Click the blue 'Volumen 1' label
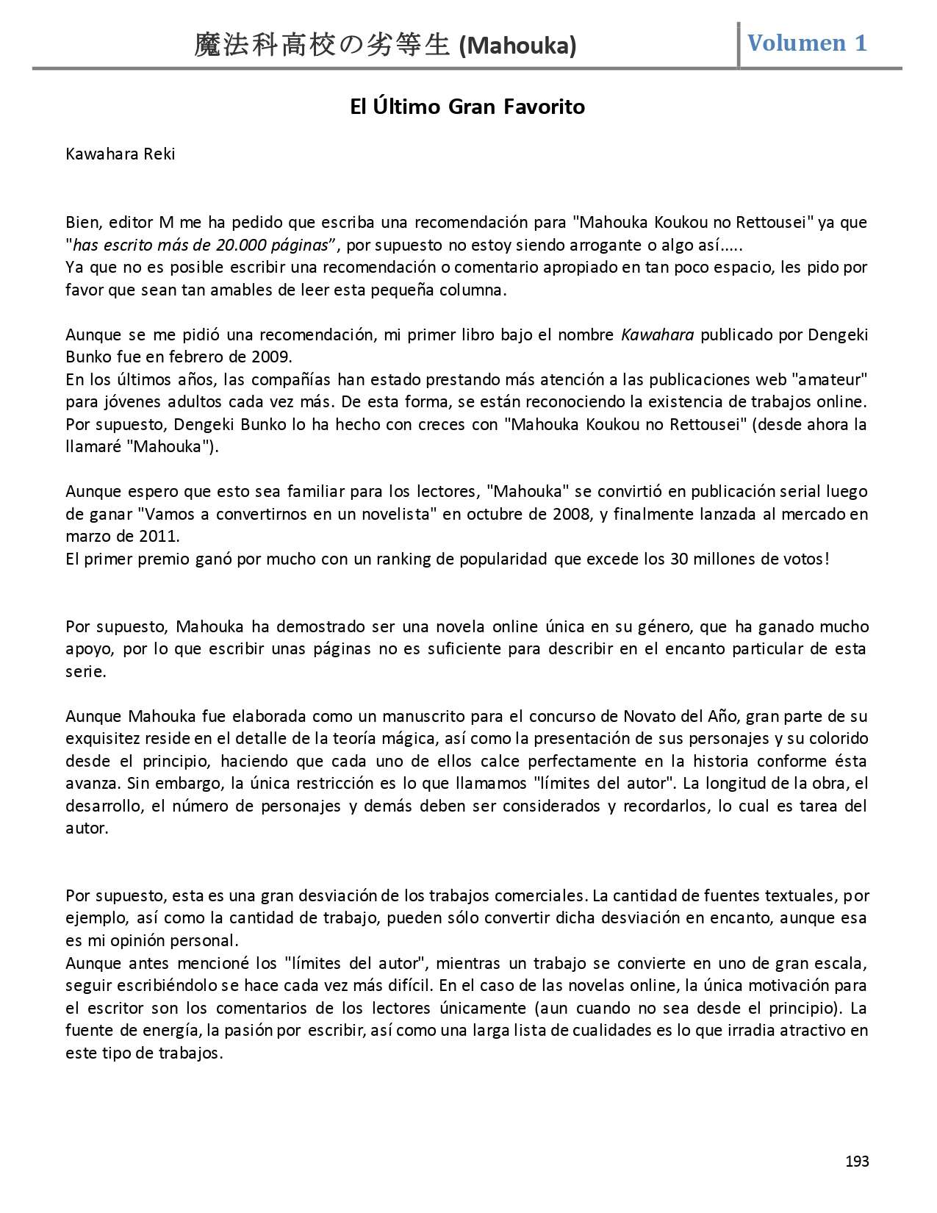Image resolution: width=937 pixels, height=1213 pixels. click(x=807, y=43)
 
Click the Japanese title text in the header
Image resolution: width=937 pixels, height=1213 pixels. click(x=322, y=46)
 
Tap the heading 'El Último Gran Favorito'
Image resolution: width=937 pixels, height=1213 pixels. click(x=467, y=107)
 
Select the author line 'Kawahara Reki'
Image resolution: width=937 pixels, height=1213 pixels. click(x=121, y=154)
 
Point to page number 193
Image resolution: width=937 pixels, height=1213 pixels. click(x=857, y=1161)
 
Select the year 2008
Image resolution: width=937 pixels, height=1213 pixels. click(x=571, y=514)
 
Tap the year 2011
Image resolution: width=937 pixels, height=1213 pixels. click(x=157, y=537)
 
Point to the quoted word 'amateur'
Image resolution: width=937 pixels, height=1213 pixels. click(x=831, y=380)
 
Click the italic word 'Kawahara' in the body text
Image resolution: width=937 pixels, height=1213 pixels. click(x=658, y=335)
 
